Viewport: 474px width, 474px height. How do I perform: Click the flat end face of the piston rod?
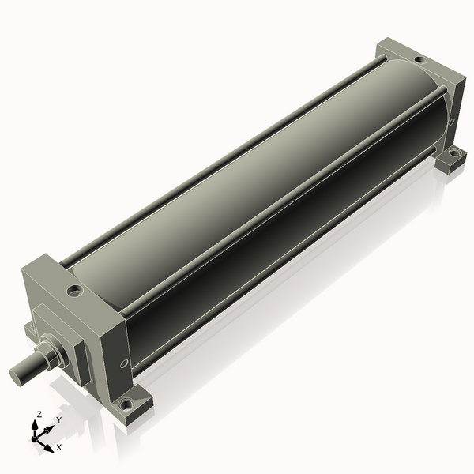click(x=16, y=372)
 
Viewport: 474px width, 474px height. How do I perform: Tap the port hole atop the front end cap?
click(x=75, y=291)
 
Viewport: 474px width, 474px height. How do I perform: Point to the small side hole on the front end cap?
click(x=124, y=363)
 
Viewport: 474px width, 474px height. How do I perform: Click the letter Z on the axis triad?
click(x=39, y=414)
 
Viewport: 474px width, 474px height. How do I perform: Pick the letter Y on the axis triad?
click(x=58, y=421)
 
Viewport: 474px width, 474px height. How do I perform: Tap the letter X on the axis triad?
click(x=58, y=447)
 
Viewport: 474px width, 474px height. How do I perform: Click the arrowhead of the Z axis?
click(x=36, y=423)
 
